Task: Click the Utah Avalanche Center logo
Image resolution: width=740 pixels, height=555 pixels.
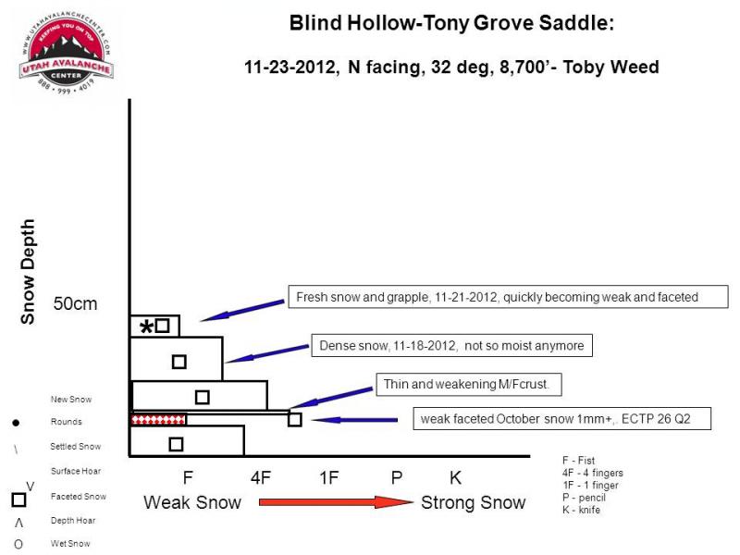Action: tap(66, 53)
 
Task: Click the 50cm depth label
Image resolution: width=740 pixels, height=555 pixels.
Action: tap(75, 303)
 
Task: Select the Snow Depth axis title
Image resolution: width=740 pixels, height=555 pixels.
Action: tap(28, 271)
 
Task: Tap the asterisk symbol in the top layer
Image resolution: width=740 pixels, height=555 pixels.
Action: tap(147, 327)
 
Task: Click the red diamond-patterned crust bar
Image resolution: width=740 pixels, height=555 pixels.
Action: tap(158, 419)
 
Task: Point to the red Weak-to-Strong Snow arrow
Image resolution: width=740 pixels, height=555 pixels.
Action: tap(336, 501)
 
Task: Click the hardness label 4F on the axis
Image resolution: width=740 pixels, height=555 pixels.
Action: tap(261, 477)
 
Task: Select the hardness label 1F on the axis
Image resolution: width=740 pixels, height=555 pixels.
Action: tap(329, 477)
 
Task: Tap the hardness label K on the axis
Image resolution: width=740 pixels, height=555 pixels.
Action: tap(455, 477)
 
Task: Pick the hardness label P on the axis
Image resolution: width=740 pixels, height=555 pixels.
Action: tap(397, 477)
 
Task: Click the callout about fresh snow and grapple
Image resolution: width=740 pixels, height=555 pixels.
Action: tap(508, 297)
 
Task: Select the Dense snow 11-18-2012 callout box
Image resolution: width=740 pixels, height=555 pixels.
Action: tap(451, 345)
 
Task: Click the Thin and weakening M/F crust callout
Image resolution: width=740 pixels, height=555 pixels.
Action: tap(469, 384)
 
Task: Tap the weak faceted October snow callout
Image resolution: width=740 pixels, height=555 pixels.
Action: tap(561, 419)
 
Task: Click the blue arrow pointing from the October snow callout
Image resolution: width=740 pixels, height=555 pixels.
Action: tap(354, 420)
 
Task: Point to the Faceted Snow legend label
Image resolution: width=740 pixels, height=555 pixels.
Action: tap(79, 497)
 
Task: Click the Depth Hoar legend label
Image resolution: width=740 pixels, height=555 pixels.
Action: tap(73, 521)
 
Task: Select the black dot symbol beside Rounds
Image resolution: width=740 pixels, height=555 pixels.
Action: tap(16, 423)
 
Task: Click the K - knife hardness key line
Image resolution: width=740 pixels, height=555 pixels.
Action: tap(581, 510)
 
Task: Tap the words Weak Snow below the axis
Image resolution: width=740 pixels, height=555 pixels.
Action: tap(192, 502)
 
